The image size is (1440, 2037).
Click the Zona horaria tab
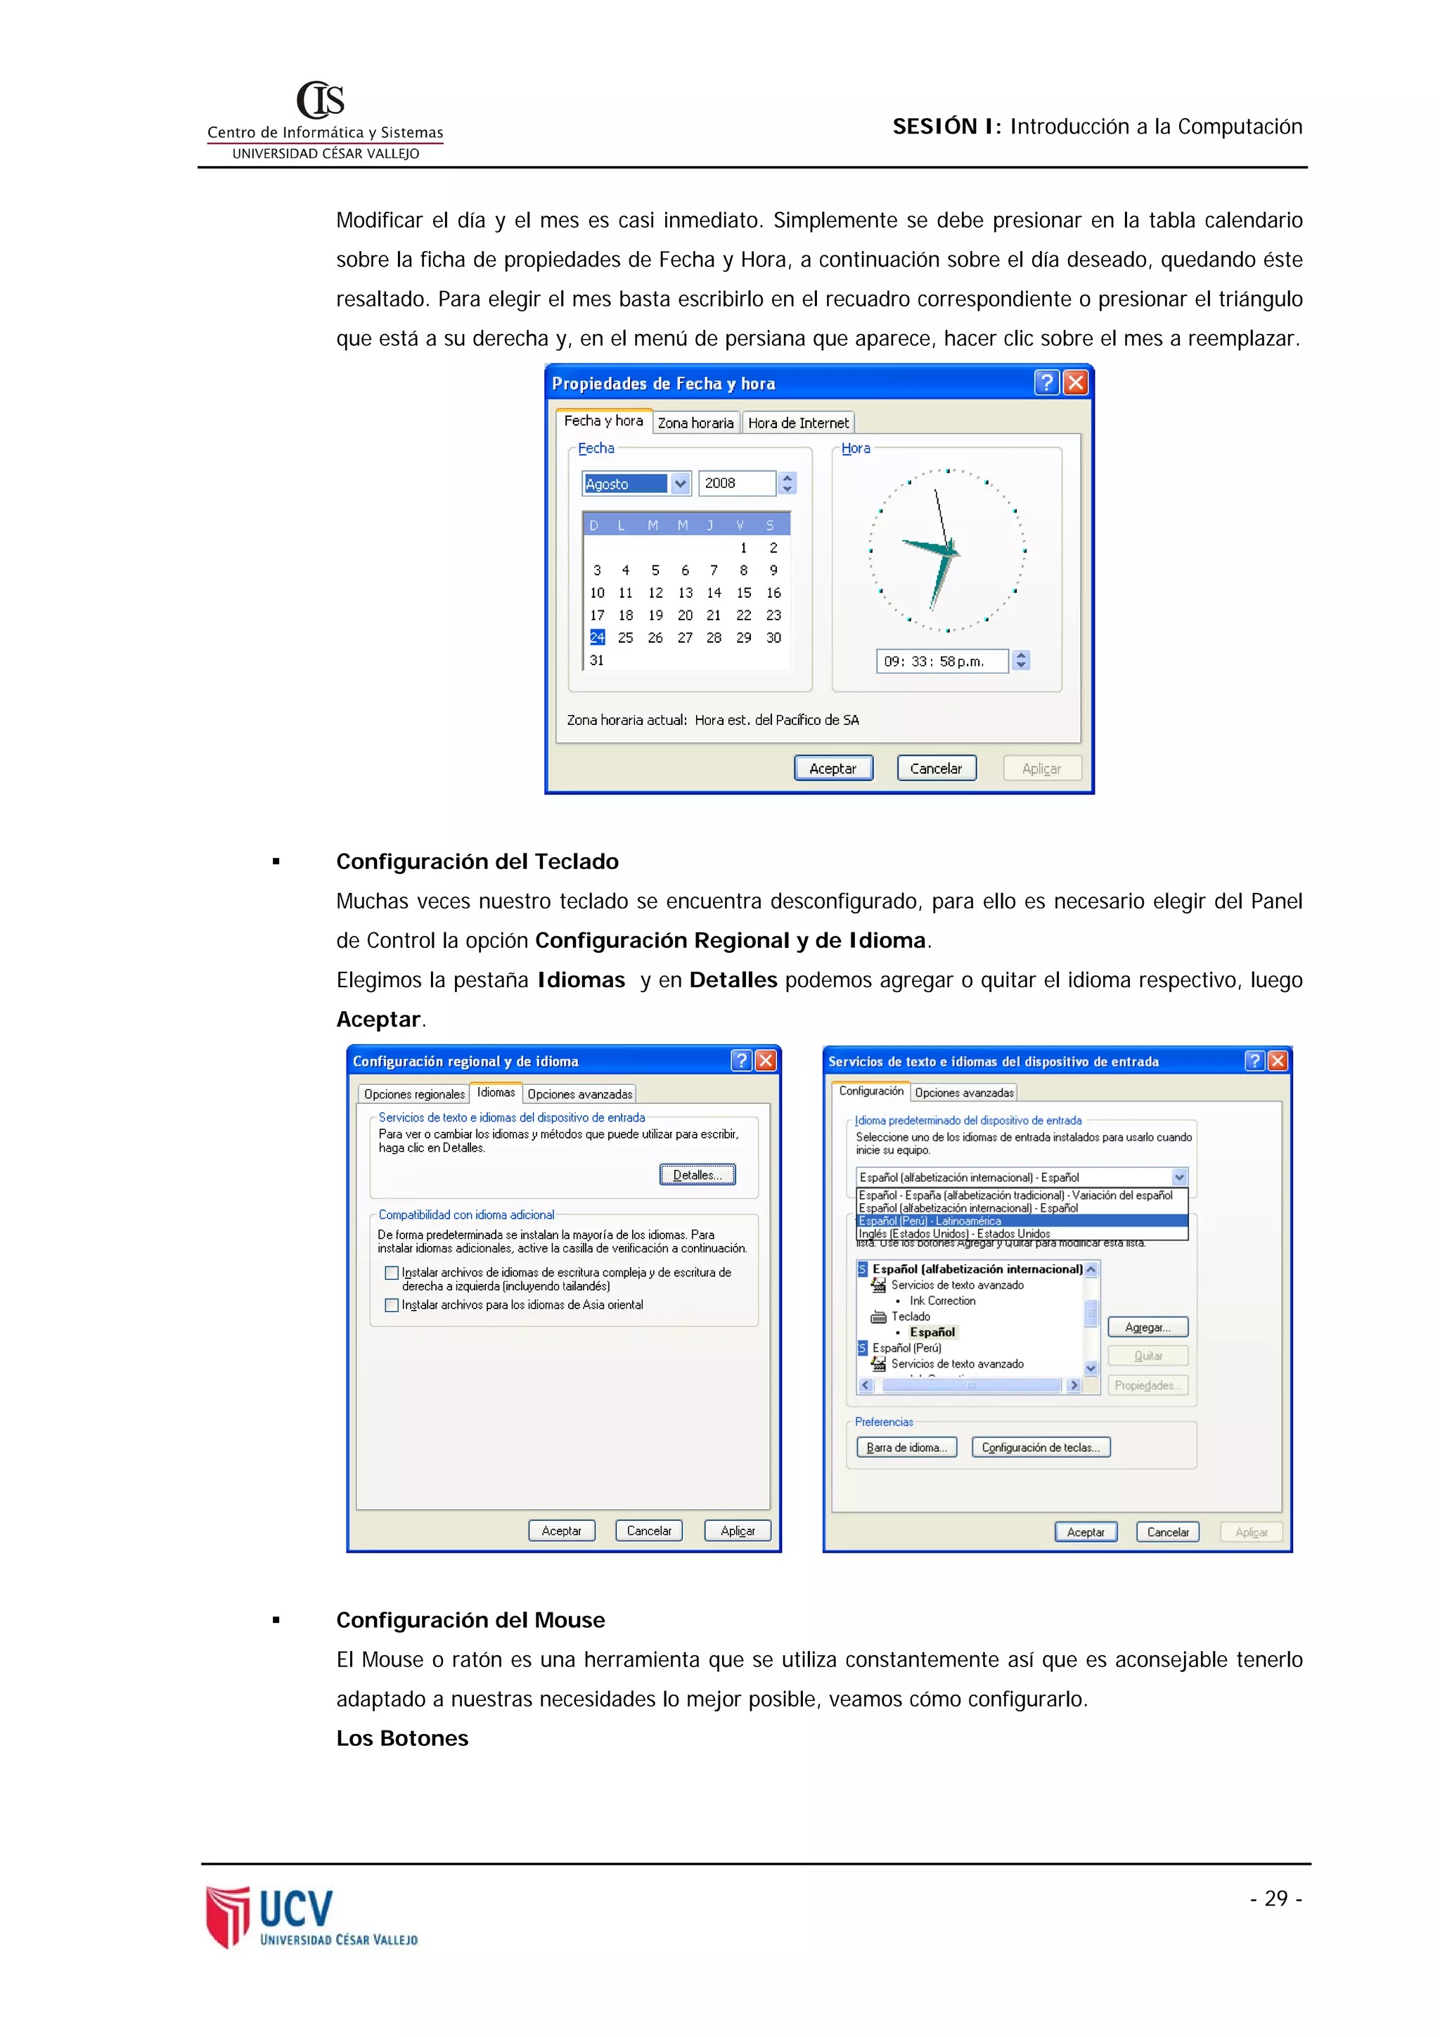[x=695, y=423]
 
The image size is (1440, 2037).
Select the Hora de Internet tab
[x=797, y=423]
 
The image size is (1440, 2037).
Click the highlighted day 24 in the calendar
[x=597, y=637]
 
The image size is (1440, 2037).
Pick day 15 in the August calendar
[x=743, y=593]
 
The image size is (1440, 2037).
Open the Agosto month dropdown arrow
[x=680, y=484]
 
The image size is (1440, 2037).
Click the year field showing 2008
[x=735, y=482]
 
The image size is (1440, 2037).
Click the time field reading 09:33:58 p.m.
[x=941, y=661]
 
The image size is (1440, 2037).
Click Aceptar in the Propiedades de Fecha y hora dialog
[x=833, y=769]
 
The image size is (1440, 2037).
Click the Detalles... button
[x=697, y=1175]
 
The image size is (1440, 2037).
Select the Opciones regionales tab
[x=414, y=1094]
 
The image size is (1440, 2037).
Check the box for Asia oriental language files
[x=391, y=1305]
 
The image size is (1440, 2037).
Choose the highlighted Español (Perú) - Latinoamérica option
[x=1020, y=1221]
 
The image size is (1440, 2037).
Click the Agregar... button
[x=1147, y=1328]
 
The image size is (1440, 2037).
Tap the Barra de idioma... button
[x=906, y=1447]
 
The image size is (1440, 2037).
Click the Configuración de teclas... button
[x=1040, y=1447]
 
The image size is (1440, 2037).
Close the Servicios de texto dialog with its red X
[x=1278, y=1061]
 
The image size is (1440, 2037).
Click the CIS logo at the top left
[x=321, y=101]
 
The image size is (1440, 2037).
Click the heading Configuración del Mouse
[x=470, y=1620]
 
